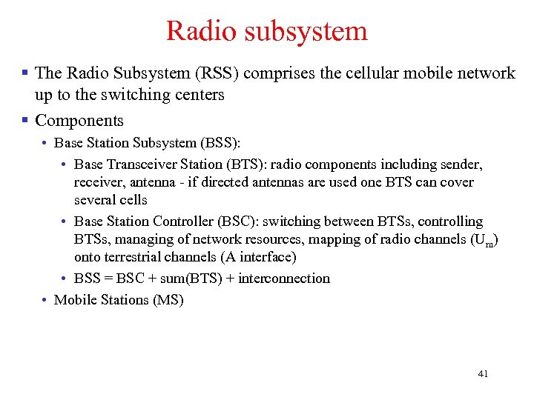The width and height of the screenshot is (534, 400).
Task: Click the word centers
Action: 198,95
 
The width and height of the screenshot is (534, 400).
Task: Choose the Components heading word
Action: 79,120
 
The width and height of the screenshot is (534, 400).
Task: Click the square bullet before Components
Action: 24,119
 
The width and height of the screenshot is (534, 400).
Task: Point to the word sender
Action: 461,164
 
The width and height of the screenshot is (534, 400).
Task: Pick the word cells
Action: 133,200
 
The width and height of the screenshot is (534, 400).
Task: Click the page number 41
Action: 483,374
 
